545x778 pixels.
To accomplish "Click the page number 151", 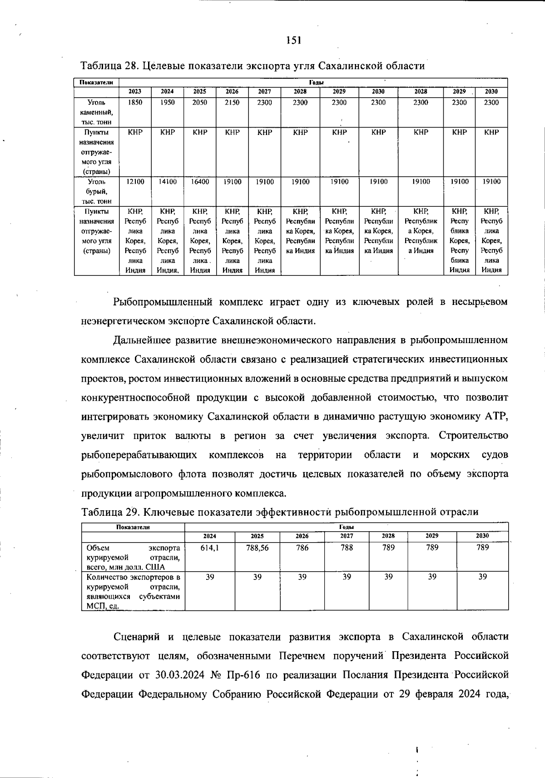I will pyautogui.click(x=294, y=40).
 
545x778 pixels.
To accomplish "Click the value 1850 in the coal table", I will pyautogui.click(x=135, y=102).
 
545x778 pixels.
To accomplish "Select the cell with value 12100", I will pyautogui.click(x=135, y=181).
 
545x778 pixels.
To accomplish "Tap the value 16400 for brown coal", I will pyautogui.click(x=200, y=181).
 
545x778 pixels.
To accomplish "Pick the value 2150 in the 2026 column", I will pyautogui.click(x=232, y=102).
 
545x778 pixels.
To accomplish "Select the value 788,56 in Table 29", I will pyautogui.click(x=257, y=548).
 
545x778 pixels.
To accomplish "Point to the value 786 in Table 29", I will pyautogui.click(x=302, y=548).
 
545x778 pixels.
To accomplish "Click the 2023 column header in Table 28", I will pyautogui.click(x=135, y=91).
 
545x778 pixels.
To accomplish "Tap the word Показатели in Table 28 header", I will pyautogui.click(x=97, y=82).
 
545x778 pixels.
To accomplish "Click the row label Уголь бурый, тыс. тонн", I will pyautogui.click(x=97, y=191).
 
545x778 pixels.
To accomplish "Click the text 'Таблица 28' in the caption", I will pyautogui.click(x=108, y=66).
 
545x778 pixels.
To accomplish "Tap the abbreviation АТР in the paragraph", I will pyautogui.click(x=496, y=417).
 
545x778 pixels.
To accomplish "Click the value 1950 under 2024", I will pyautogui.click(x=168, y=102).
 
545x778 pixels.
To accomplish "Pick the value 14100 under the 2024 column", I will pyautogui.click(x=168, y=181).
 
